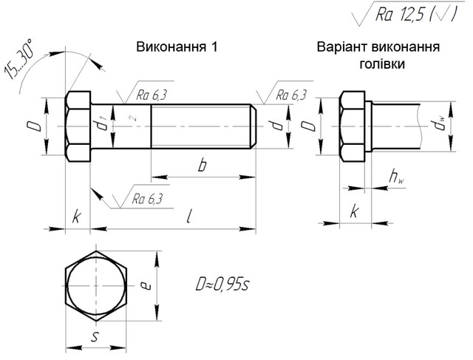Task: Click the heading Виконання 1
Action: (177, 47)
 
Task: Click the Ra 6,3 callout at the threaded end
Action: (290, 94)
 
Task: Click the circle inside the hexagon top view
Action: (95, 285)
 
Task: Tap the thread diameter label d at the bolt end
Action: (276, 126)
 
